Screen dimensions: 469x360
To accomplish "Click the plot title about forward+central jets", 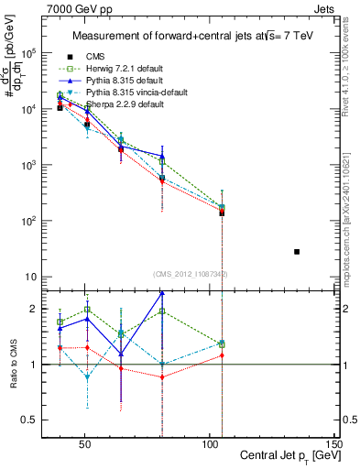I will (x=188, y=36).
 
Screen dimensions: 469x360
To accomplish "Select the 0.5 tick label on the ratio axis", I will (x=28, y=420).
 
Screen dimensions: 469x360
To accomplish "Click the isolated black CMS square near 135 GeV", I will (x=297, y=251).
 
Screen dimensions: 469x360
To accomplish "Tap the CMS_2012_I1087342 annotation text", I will (x=191, y=274).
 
